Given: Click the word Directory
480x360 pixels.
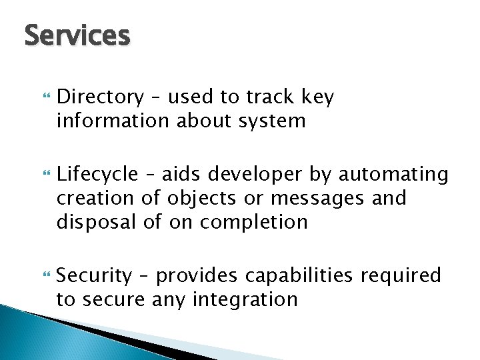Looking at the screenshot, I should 100,98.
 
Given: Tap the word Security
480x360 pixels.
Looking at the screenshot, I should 95,275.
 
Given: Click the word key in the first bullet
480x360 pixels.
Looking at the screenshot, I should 318,98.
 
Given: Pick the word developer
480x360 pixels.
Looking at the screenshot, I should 255,175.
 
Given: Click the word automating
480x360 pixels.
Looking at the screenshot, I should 394,175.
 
